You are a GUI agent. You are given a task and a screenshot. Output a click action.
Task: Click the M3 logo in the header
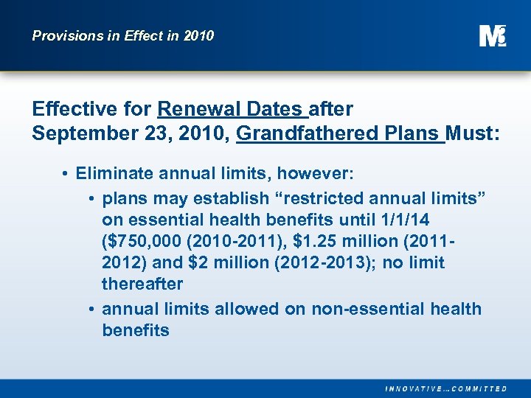tap(493, 35)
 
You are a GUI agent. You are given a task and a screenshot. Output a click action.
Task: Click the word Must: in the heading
tap(473, 134)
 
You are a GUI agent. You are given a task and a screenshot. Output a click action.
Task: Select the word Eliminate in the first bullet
tap(111, 175)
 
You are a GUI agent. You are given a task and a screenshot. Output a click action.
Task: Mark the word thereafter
tap(142, 284)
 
